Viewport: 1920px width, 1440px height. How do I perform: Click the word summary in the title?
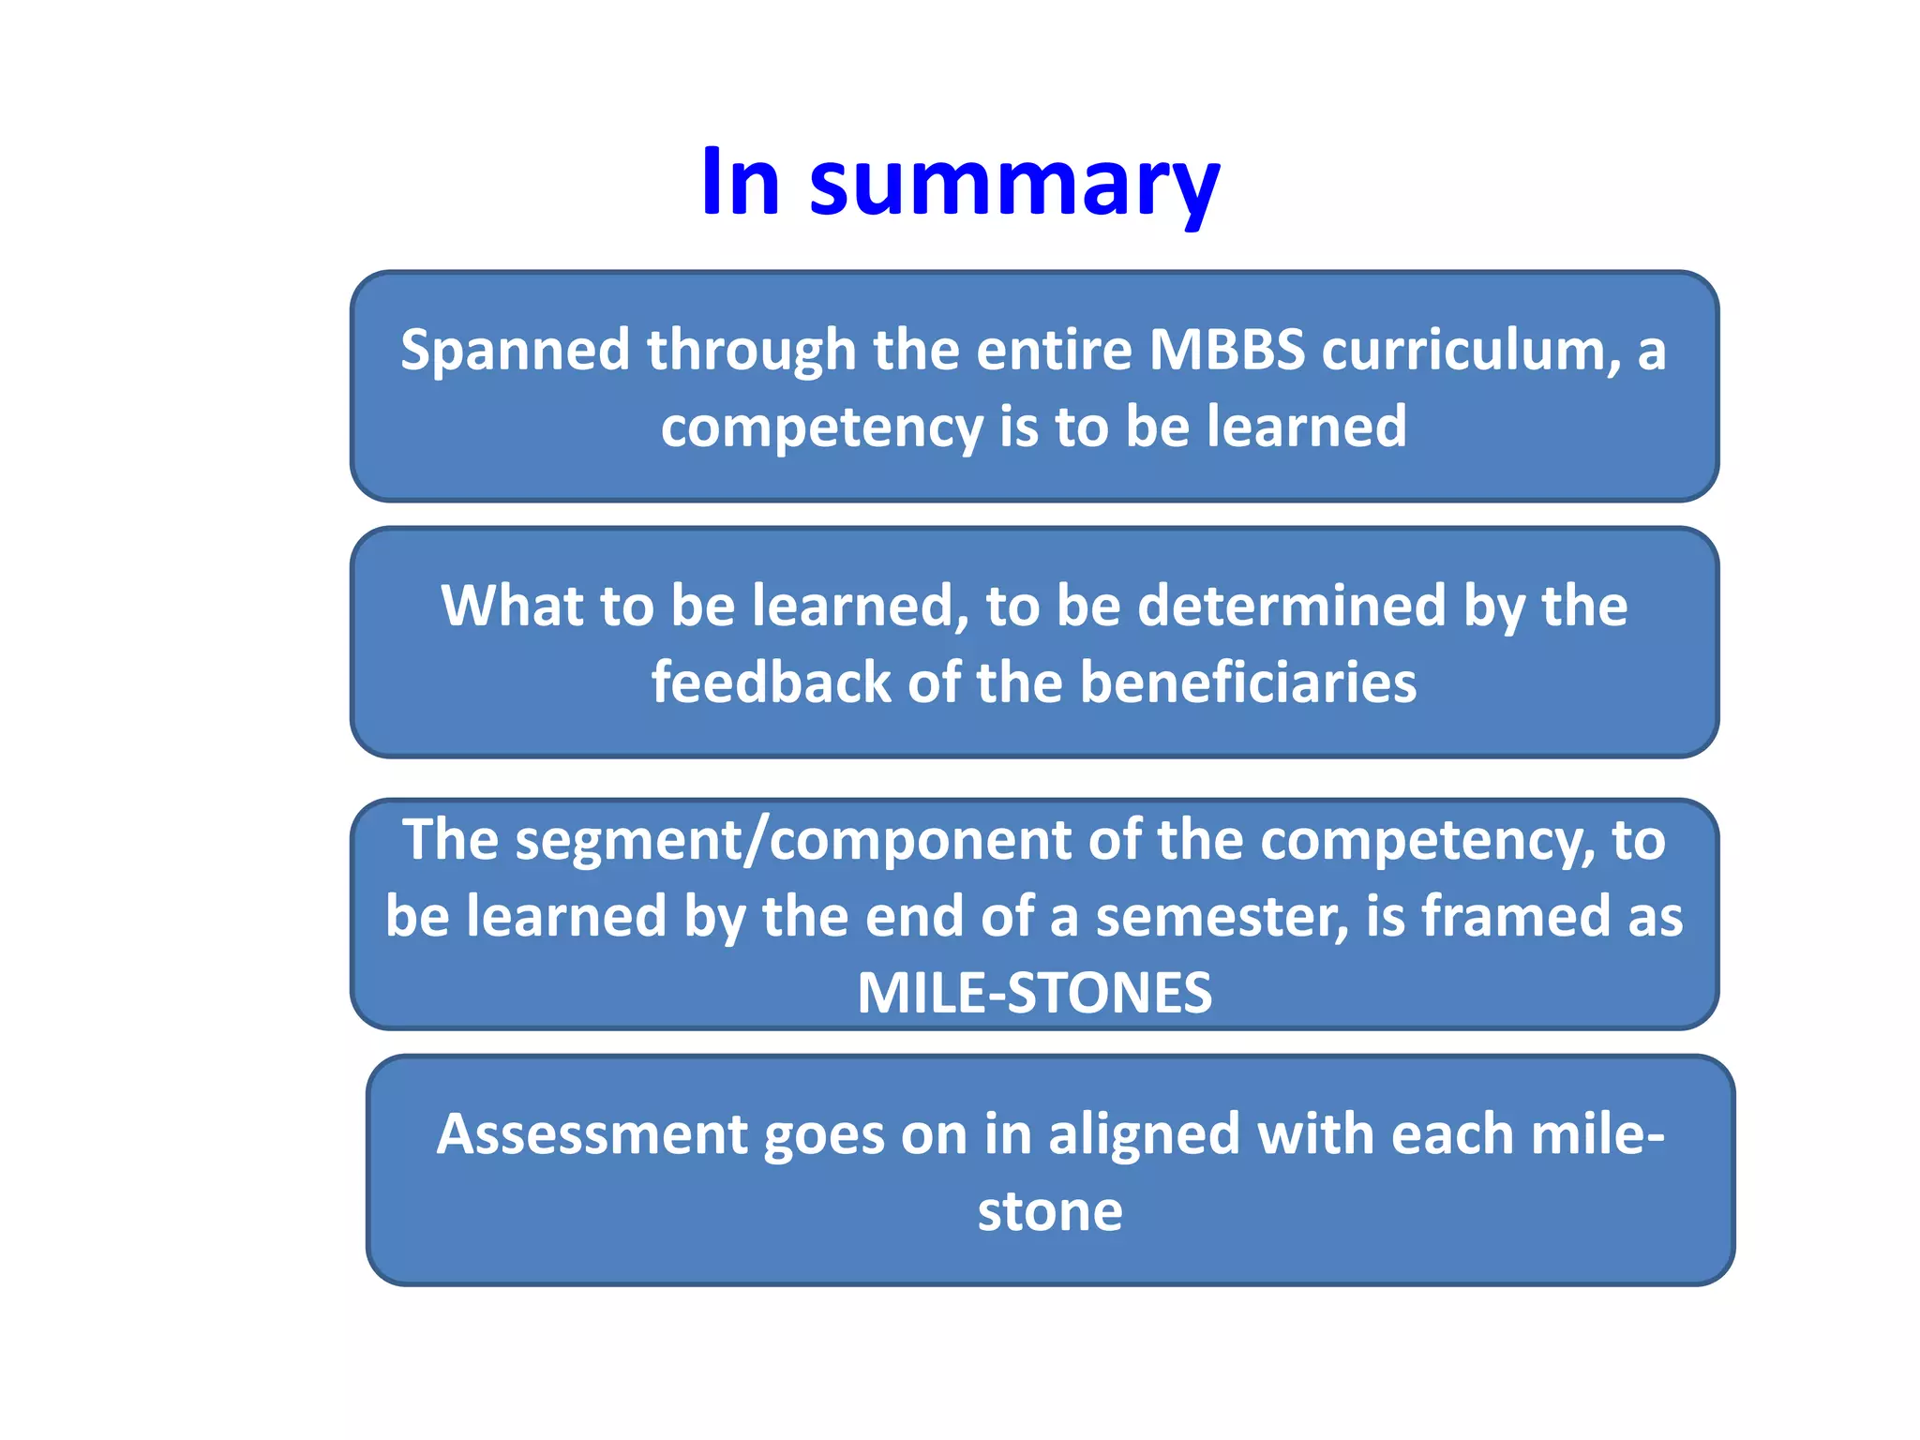1014,184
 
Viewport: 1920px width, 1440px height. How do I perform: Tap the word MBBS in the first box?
1226,351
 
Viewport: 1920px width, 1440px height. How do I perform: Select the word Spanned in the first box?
515,351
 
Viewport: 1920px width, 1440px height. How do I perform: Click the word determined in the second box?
1292,606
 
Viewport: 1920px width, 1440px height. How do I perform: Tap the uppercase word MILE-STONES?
1034,993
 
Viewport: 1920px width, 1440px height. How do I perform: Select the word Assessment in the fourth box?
592,1134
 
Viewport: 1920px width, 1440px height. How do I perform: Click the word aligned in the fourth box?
1144,1134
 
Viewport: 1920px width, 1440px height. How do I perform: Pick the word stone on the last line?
1049,1211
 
